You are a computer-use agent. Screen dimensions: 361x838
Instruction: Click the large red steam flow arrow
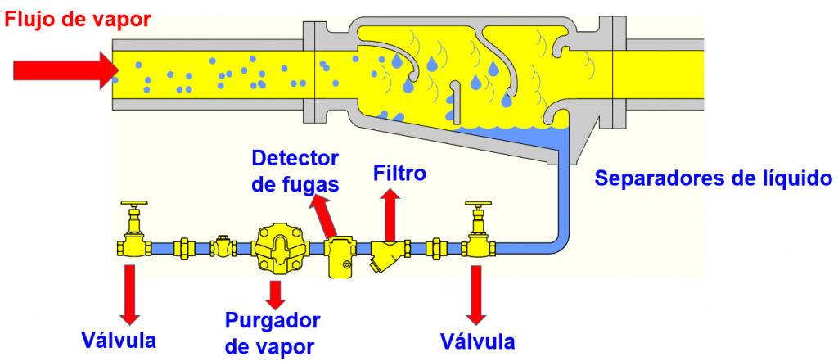66,70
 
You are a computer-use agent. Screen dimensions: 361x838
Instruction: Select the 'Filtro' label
399,174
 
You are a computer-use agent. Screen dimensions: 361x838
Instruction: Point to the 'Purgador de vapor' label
273,331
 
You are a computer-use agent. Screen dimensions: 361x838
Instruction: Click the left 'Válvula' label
119,338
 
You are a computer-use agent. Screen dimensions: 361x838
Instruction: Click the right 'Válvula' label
477,340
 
